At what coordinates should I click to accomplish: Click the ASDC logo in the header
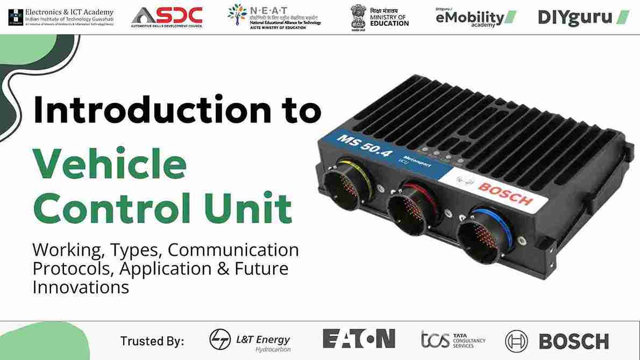click(167, 16)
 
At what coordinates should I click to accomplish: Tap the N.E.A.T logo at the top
click(274, 16)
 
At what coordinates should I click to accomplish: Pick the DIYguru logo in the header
click(584, 17)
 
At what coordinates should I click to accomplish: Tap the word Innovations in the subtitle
click(81, 287)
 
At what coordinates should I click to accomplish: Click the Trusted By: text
click(152, 341)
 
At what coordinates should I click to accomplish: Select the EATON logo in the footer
click(359, 339)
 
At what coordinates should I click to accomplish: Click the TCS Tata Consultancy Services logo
click(453, 340)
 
